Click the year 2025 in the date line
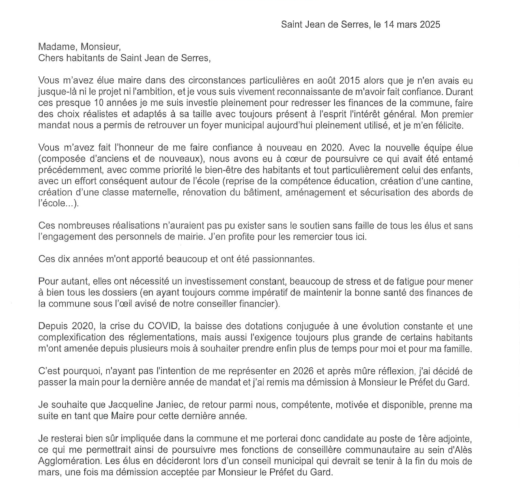pyautogui.click(x=430, y=25)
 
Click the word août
pyautogui.click(x=327, y=81)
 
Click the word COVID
pyautogui.click(x=163, y=326)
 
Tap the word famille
pyautogui.click(x=456, y=349)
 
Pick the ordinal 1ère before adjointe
pyautogui.click(x=426, y=439)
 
